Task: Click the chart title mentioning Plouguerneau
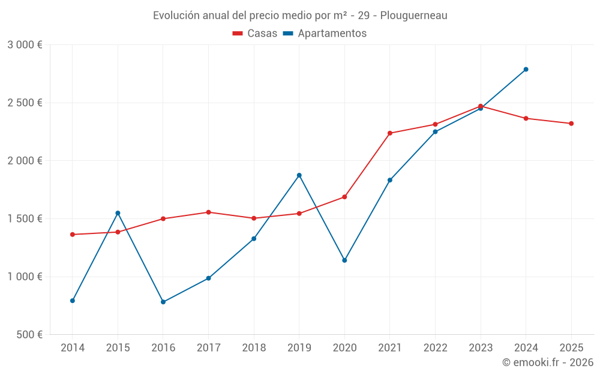click(x=300, y=15)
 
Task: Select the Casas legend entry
click(x=255, y=34)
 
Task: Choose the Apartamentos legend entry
click(x=325, y=34)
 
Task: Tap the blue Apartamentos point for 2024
click(x=526, y=70)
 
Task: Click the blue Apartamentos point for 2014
click(x=73, y=301)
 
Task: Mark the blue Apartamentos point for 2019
click(x=299, y=175)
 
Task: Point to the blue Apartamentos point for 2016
click(x=163, y=302)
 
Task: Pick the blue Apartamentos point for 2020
click(x=344, y=260)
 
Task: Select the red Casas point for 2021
click(x=390, y=133)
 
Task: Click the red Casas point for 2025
click(x=571, y=124)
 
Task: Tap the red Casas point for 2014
click(x=73, y=235)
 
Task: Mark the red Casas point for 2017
click(x=208, y=212)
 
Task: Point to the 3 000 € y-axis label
click(x=25, y=45)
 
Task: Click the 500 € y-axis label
click(x=29, y=335)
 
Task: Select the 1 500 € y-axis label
click(x=25, y=219)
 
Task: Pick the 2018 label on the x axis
click(x=254, y=347)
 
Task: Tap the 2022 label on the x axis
click(x=435, y=347)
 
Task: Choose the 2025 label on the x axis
click(x=571, y=347)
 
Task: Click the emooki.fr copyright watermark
click(x=548, y=362)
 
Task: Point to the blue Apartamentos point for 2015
click(x=118, y=213)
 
